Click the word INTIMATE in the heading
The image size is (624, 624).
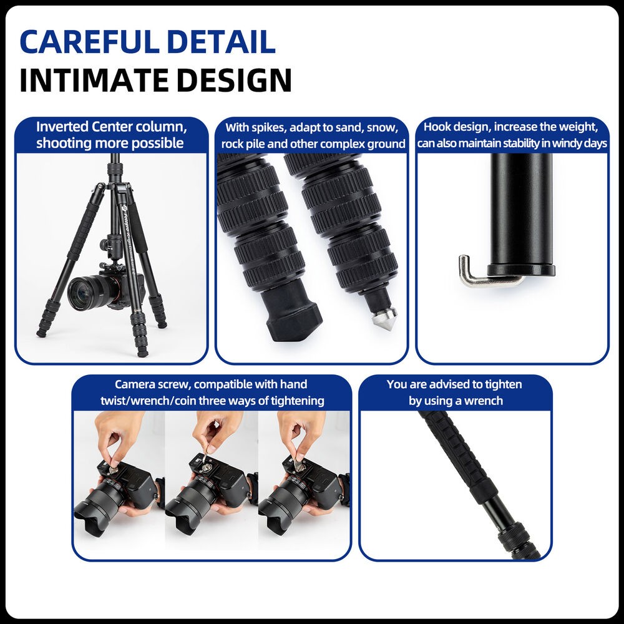pyautogui.click(x=94, y=80)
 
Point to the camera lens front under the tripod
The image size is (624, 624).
pyautogui.click(x=82, y=293)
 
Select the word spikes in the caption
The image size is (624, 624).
pyautogui.click(x=268, y=128)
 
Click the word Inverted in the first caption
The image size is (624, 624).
pyautogui.click(x=62, y=127)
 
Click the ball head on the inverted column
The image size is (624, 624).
pyautogui.click(x=107, y=245)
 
